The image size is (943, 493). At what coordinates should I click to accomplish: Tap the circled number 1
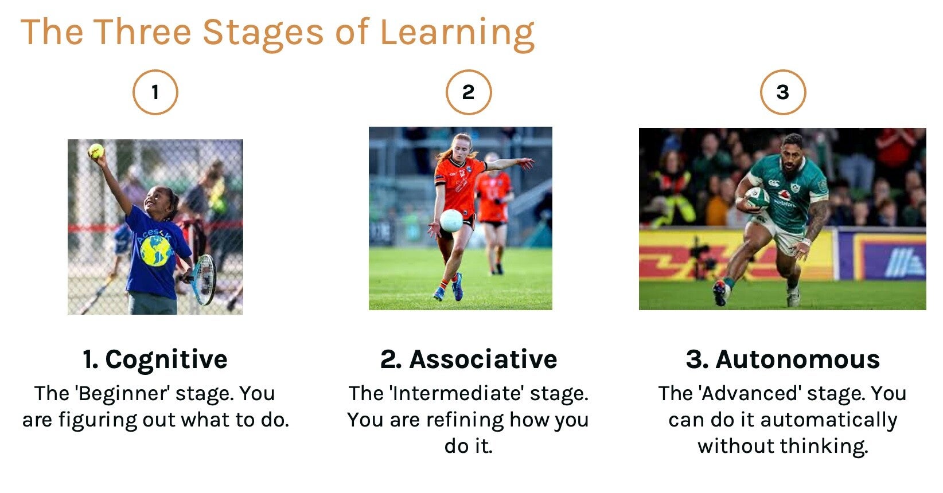click(155, 92)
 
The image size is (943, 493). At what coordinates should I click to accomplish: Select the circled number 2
click(469, 92)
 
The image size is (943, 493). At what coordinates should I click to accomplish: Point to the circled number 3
click(783, 92)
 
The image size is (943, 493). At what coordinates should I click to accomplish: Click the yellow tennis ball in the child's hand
click(96, 151)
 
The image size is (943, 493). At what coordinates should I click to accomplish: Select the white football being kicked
click(451, 221)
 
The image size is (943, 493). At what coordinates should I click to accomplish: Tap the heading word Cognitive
click(166, 359)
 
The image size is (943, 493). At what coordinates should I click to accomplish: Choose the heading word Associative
click(484, 359)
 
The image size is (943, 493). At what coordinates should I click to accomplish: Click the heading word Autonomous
click(798, 359)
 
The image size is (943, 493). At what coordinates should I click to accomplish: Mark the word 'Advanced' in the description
click(750, 394)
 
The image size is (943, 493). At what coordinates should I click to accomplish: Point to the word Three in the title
click(142, 32)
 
